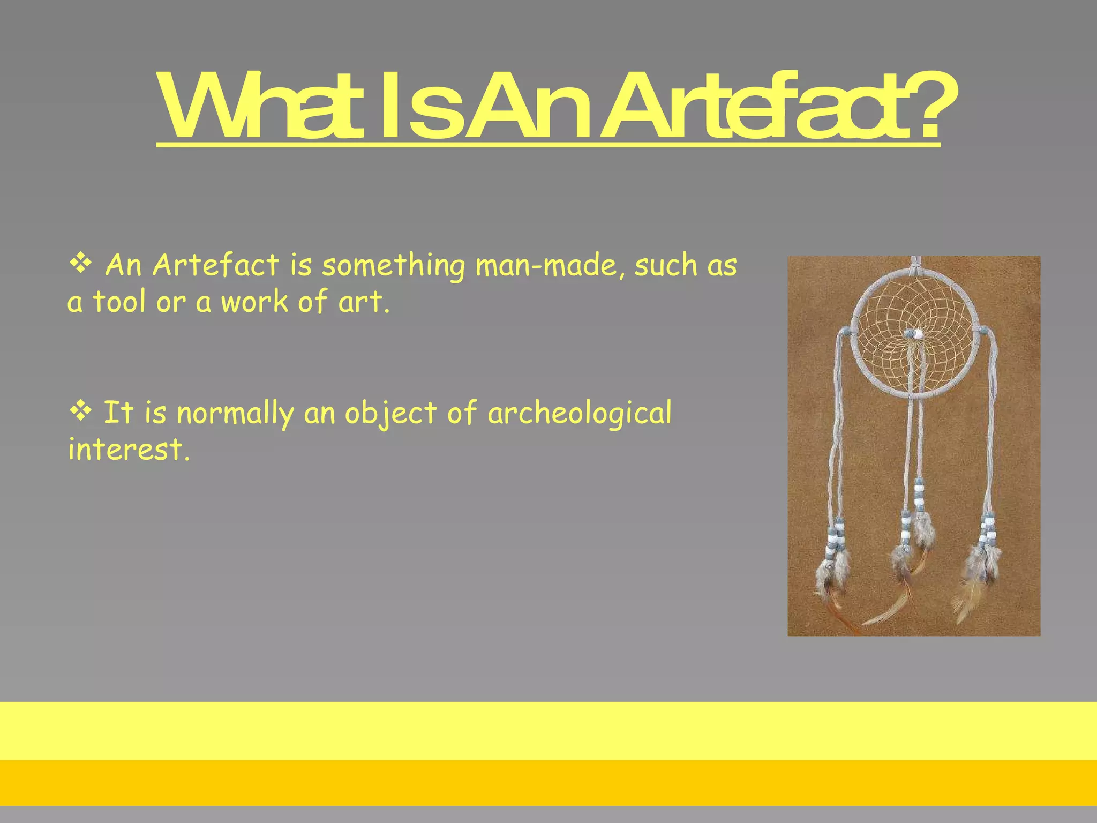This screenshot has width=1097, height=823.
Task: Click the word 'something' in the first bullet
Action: point(394,266)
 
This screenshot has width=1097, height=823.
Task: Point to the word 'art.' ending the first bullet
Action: point(364,302)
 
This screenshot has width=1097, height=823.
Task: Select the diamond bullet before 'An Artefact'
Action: point(80,264)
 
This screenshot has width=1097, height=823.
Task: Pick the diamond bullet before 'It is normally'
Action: point(80,411)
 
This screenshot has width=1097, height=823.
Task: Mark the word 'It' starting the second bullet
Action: point(118,413)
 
